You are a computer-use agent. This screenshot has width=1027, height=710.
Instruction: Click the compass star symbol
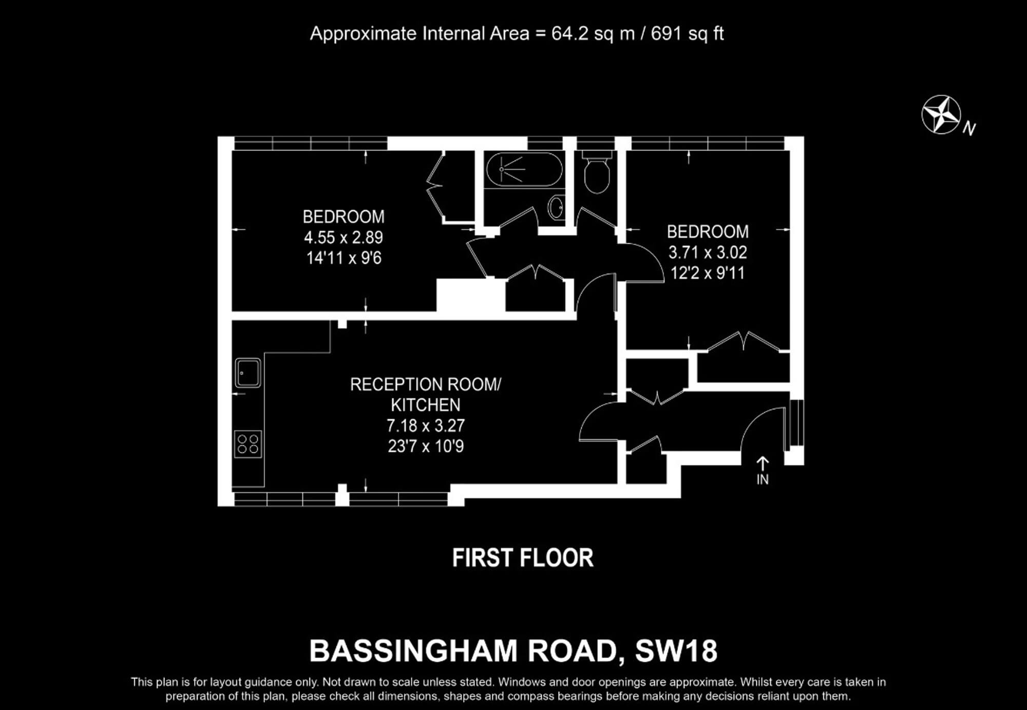941,114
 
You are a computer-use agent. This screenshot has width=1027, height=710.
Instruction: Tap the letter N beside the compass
969,128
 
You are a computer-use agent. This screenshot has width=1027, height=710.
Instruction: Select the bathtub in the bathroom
524,169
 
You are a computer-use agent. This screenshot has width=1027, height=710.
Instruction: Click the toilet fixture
597,171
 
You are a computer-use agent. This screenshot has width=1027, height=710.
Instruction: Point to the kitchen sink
248,373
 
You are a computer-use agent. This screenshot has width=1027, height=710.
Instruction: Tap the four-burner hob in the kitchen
248,444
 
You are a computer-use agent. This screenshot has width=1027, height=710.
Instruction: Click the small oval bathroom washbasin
556,207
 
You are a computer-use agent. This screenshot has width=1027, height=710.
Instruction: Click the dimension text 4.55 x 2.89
344,237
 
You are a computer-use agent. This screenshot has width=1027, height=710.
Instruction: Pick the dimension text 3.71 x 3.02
708,252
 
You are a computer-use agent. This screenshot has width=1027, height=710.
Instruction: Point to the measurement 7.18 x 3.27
426,426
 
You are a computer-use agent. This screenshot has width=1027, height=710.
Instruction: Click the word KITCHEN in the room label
426,405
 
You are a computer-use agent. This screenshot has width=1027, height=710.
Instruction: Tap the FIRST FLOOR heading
523,558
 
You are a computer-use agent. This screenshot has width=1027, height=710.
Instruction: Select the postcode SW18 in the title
676,651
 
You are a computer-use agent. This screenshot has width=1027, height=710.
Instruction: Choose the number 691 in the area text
667,34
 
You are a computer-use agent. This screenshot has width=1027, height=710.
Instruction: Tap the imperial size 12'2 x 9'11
708,273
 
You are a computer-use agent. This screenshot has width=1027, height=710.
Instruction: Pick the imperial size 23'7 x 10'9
426,446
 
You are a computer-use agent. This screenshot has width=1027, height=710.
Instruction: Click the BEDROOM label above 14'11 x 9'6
344,217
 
